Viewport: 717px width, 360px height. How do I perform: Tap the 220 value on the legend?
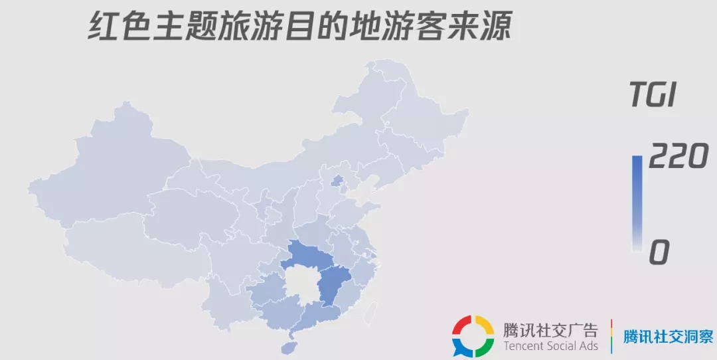click(677, 158)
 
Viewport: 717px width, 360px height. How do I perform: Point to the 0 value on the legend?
click(660, 252)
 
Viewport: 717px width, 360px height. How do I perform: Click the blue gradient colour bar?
click(636, 203)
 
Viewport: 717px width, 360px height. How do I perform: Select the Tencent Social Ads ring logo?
click(473, 335)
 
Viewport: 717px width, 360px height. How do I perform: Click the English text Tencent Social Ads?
click(550, 346)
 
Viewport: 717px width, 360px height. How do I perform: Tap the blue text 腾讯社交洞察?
click(667, 336)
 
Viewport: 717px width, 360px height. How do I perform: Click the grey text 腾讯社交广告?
click(550, 329)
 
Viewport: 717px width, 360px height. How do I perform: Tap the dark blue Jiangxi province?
click(334, 286)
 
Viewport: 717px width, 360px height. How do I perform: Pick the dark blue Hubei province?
click(309, 258)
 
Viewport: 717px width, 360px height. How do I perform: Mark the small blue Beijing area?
click(337, 181)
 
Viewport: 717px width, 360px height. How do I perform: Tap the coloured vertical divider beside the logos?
click(611, 335)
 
